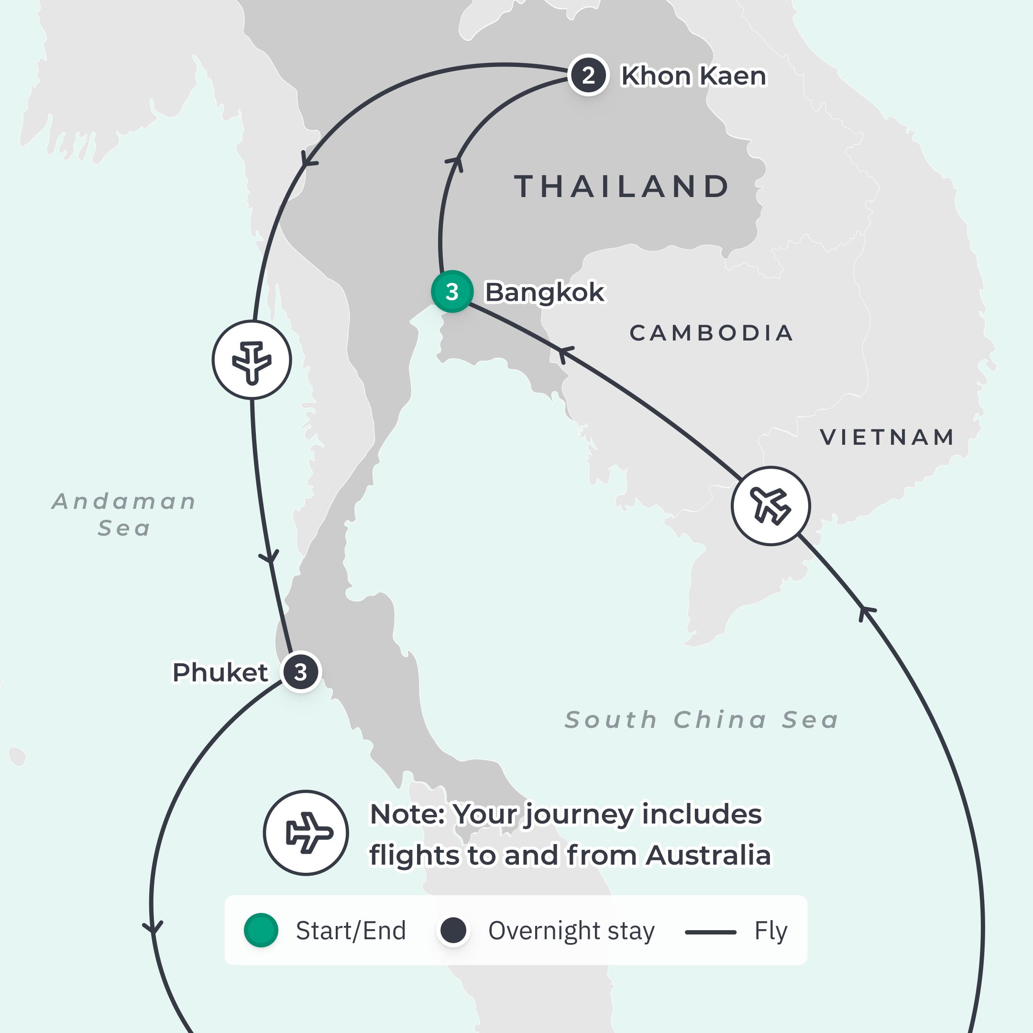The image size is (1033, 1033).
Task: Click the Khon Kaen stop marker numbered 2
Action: pos(588,76)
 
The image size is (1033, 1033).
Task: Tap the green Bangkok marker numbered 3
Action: pos(452,291)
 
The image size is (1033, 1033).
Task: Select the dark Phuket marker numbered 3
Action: pos(300,671)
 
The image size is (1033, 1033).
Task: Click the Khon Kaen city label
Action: pos(693,76)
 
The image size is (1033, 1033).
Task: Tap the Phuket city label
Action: pos(220,672)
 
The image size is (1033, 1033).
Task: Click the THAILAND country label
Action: pos(622,187)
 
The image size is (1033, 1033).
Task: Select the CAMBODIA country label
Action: pos(711,333)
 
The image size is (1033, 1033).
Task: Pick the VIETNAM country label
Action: pos(887,438)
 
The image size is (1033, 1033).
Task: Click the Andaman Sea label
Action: pos(124,515)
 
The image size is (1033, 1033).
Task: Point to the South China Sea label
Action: pos(702,720)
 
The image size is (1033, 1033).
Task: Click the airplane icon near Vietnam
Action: pos(770,506)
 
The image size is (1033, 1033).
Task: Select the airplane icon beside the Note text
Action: pos(307,833)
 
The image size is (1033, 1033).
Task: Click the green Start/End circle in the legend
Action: pos(261,931)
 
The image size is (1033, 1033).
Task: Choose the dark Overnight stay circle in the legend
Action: pos(453,931)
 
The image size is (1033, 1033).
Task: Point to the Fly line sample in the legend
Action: pos(711,932)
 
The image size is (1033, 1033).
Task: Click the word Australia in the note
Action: pos(708,855)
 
